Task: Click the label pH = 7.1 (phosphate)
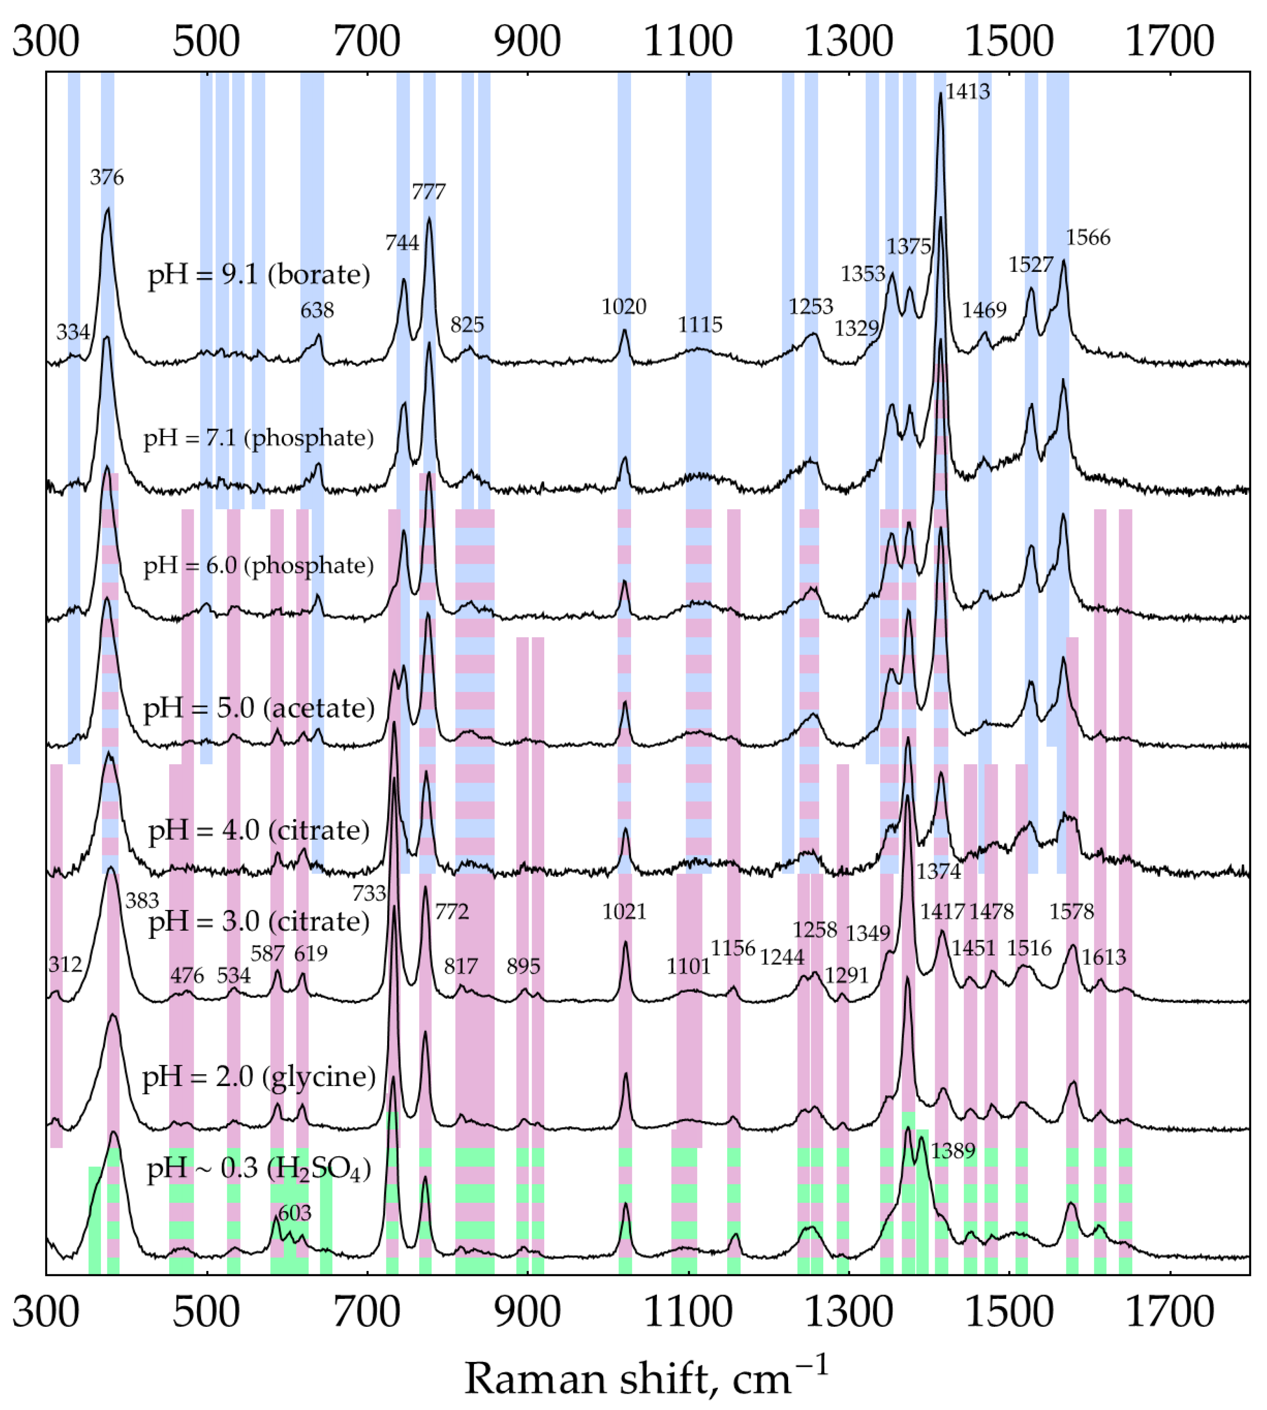(258, 437)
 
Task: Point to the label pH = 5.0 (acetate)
(258, 708)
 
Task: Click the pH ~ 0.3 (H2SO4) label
(258, 1169)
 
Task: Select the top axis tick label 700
(367, 41)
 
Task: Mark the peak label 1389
(953, 1151)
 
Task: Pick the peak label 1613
(1103, 957)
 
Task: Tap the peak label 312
(65, 965)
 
